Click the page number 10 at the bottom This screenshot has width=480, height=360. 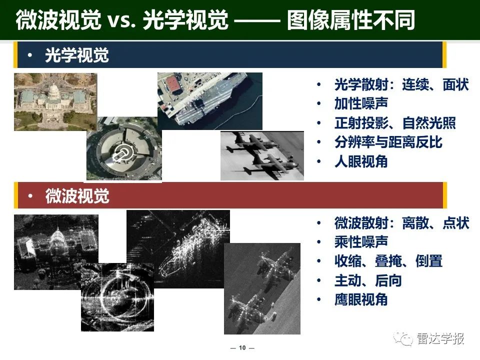click(x=242, y=348)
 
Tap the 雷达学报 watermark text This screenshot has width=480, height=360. click(x=440, y=338)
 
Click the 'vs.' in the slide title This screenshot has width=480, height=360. click(x=121, y=20)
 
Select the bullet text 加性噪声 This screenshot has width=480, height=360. click(x=361, y=103)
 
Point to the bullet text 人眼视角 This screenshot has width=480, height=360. click(x=361, y=161)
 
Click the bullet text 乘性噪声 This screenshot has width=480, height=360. click(x=361, y=242)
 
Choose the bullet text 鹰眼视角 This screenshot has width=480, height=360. click(x=361, y=299)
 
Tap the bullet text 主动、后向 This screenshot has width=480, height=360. click(x=368, y=280)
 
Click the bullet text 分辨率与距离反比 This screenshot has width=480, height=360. click(x=388, y=142)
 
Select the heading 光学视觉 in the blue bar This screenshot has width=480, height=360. click(x=77, y=55)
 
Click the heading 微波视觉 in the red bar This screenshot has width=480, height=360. click(x=77, y=196)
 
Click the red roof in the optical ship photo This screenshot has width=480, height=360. click(x=173, y=84)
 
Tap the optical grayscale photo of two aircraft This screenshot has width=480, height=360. click(x=262, y=156)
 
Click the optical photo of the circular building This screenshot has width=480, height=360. click(x=124, y=148)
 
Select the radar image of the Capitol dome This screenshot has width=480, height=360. click(x=56, y=252)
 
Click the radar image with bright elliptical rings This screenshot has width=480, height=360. click(x=117, y=297)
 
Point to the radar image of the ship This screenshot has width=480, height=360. click(x=178, y=249)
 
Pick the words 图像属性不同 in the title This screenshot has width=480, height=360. click(x=351, y=20)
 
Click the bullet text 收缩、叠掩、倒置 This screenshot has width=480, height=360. click(x=388, y=261)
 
